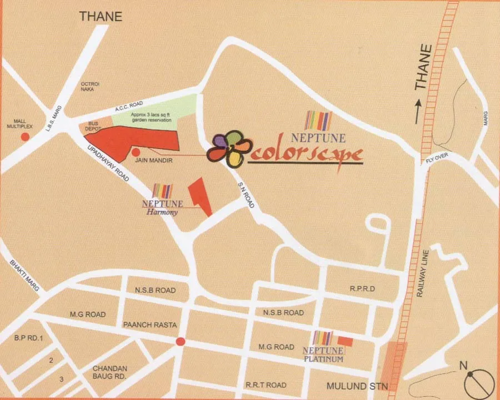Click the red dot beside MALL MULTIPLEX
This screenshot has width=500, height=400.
(25, 136)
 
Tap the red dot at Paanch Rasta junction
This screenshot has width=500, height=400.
(180, 342)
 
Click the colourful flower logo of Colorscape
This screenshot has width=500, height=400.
(227, 148)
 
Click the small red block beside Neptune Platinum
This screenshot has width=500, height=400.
(346, 341)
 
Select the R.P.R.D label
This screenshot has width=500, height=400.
(362, 289)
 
